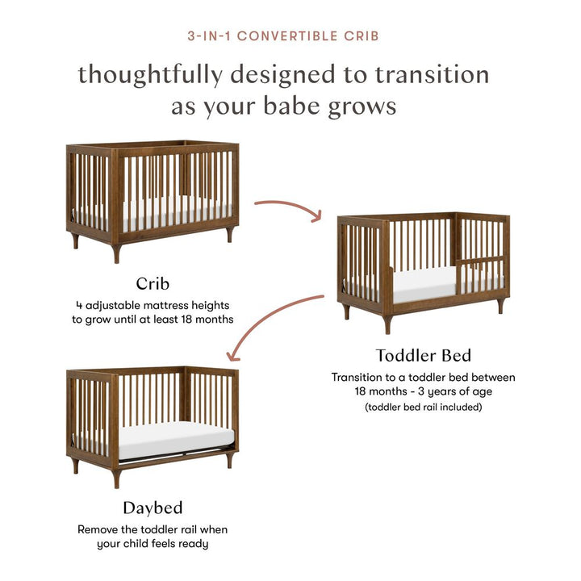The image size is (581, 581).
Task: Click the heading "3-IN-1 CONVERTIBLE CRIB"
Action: pyautogui.click(x=290, y=36)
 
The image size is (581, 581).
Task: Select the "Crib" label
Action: pyautogui.click(x=153, y=283)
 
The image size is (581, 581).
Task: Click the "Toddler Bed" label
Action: pyautogui.click(x=424, y=355)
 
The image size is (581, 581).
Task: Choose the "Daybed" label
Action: pyautogui.click(x=153, y=508)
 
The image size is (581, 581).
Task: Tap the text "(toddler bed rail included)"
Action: pyautogui.click(x=424, y=407)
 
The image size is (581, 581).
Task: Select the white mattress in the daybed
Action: pyautogui.click(x=173, y=441)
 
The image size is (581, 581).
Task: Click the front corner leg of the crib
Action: pyautogui.click(x=116, y=253)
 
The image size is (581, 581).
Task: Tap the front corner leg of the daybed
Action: pyautogui.click(x=116, y=478)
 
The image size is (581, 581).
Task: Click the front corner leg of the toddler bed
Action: pyautogui.click(x=387, y=324)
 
